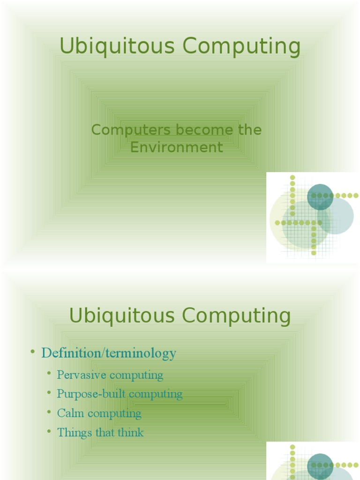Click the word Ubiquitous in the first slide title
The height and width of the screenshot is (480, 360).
(x=118, y=47)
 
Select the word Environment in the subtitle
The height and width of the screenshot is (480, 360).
(x=177, y=147)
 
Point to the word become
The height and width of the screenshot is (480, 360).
(x=205, y=130)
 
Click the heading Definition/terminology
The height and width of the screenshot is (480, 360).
(x=109, y=353)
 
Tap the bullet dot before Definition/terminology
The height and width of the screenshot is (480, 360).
(x=33, y=352)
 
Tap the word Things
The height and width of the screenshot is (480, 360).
(x=75, y=433)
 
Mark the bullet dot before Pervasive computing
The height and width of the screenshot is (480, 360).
(x=50, y=374)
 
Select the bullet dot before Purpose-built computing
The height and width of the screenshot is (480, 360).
(x=50, y=393)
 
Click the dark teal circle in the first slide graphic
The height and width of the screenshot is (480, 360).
(x=320, y=197)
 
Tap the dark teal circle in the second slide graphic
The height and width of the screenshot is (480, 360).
(x=320, y=466)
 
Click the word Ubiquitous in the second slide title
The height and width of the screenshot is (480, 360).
(x=123, y=316)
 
